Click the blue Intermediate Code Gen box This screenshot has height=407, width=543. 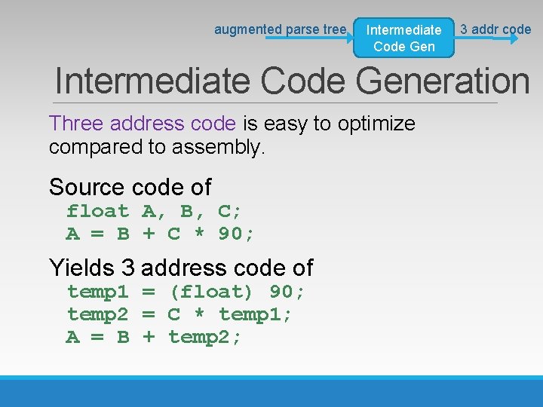pos(403,38)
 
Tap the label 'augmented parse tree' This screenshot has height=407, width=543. pos(280,29)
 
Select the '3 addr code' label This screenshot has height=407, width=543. pos(495,29)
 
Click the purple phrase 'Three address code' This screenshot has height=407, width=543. pos(142,123)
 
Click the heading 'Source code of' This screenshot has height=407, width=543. pos(130,186)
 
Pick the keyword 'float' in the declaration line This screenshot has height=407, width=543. pos(97,211)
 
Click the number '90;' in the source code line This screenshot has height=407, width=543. pos(236,234)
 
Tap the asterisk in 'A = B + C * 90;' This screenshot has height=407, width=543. pos(199,234)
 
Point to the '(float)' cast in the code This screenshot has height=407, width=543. pos(211,292)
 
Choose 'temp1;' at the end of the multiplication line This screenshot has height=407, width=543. pos(255,314)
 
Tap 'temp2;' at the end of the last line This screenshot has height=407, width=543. pos(205,338)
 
